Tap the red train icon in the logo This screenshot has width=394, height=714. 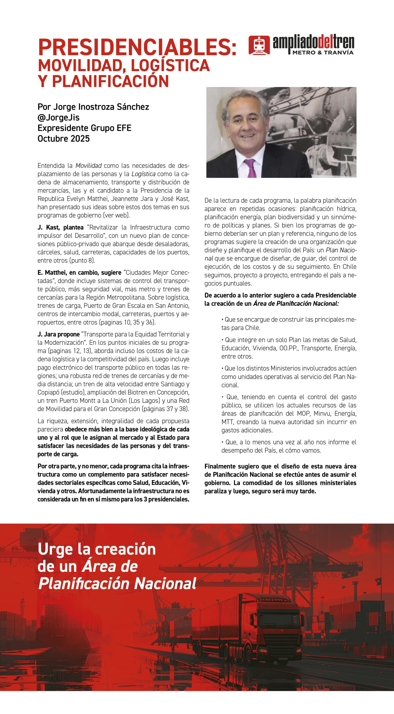tap(259, 45)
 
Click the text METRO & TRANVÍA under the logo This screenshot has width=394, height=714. tap(323, 52)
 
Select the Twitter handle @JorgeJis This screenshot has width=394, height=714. tap(58, 117)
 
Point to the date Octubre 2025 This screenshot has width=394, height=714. tap(63, 139)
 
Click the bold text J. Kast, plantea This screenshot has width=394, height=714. tap(60, 227)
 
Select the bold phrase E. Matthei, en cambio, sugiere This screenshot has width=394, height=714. tap(79, 272)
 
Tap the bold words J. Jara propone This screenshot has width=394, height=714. tap(58, 334)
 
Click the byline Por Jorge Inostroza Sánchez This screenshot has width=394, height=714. tap(93, 107)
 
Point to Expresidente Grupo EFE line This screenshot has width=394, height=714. tap(84, 128)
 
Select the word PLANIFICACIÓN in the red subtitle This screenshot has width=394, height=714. tap(111, 81)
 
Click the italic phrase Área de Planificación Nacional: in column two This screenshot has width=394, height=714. tap(296, 303)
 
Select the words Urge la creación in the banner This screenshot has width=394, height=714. tap(97, 549)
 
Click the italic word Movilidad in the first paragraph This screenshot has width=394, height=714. tap(89, 166)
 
